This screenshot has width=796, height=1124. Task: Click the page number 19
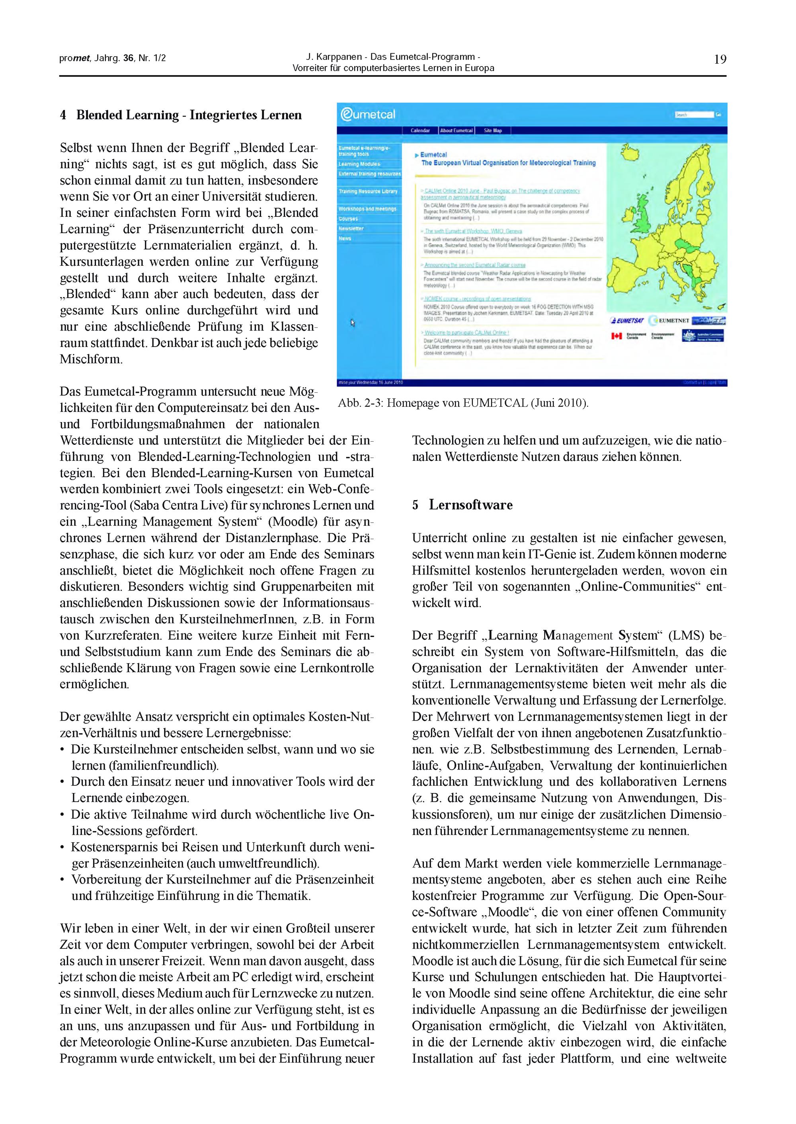coord(720,60)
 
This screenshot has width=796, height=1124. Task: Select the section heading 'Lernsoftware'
coord(470,505)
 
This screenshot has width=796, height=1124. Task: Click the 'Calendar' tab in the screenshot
coord(420,131)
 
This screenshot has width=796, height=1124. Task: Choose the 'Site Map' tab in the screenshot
coord(493,131)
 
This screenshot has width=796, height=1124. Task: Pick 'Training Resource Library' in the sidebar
coord(368,191)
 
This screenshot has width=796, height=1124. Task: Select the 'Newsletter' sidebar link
coord(351,228)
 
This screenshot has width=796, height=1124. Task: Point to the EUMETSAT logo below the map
coord(627,320)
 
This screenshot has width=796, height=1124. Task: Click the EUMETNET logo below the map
coord(669,320)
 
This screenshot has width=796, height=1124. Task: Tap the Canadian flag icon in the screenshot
coord(616,336)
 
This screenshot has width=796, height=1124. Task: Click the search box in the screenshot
coord(694,115)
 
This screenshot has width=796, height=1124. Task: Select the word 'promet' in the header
coord(74,58)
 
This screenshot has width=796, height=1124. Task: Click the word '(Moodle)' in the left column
coord(288,522)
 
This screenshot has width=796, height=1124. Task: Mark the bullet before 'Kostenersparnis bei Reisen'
coord(63,847)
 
